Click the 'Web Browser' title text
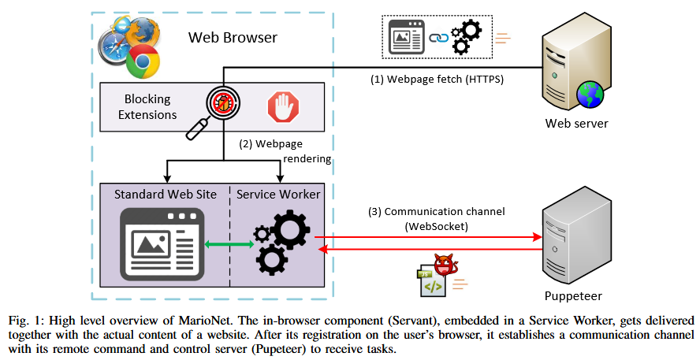tap(233, 37)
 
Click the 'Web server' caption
tap(577, 124)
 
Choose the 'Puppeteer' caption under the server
tap(574, 296)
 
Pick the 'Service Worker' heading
tap(278, 194)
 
